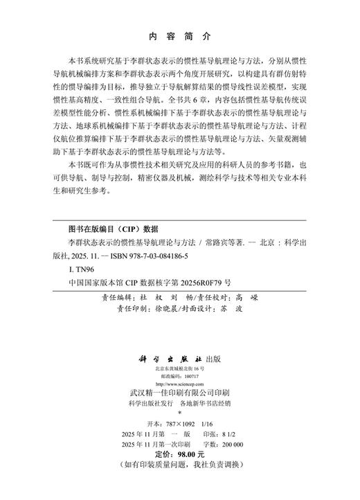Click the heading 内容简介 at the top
(179, 35)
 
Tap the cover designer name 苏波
(239, 309)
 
